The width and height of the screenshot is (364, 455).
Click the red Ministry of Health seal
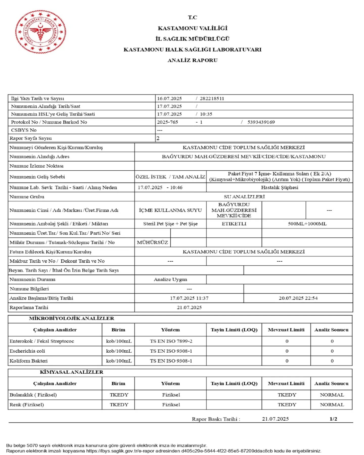tap(40, 32)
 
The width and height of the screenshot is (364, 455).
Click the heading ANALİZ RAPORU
tap(192, 60)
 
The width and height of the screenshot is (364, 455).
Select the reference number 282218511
tap(212, 99)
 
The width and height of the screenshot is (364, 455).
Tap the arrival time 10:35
tap(206, 114)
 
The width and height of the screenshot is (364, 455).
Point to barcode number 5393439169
tap(261, 122)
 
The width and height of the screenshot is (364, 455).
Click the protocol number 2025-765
tap(167, 122)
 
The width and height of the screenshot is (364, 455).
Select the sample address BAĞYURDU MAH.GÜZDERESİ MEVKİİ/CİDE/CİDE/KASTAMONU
tap(244, 156)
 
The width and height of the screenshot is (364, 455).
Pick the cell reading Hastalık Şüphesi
tap(280, 187)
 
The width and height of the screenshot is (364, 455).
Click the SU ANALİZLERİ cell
tap(244, 197)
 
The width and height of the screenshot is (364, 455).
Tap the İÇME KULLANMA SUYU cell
tap(170, 210)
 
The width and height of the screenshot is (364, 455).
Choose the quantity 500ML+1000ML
tap(307, 224)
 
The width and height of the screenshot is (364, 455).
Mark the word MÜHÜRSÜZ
tap(152, 242)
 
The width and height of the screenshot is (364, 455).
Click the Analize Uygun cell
tap(170, 279)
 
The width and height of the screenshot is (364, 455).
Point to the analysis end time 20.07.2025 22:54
tap(298, 298)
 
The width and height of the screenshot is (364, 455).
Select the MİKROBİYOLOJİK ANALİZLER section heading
tap(72, 318)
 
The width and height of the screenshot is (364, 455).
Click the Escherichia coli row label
tap(27, 351)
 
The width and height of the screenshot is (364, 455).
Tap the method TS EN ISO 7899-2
tap(171, 341)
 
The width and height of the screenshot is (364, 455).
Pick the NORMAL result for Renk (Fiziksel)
tap(332, 404)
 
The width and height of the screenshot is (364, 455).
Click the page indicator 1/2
tap(333, 419)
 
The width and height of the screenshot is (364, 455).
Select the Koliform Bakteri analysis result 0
tap(332, 361)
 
